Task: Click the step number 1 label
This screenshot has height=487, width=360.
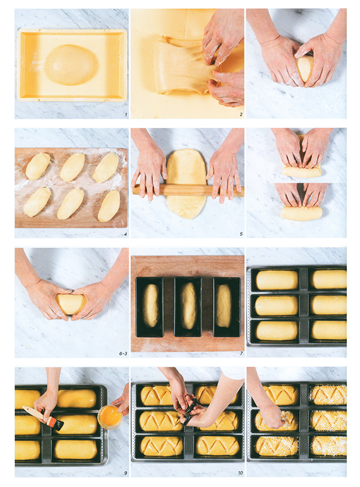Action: tap(125, 115)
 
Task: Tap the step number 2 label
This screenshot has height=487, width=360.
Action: tap(241, 115)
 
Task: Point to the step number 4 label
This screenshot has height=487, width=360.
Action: tap(125, 234)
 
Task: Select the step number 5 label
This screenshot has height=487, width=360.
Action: tap(241, 234)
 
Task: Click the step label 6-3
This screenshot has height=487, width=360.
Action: tap(123, 354)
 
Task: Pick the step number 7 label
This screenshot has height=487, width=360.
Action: tap(241, 354)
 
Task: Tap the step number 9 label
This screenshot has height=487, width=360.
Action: tap(125, 473)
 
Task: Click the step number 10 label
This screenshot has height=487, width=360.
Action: tap(241, 473)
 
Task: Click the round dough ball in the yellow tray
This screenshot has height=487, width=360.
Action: tap(71, 65)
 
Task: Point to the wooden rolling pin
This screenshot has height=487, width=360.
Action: tap(187, 190)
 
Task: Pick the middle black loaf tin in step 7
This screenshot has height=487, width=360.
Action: tap(188, 307)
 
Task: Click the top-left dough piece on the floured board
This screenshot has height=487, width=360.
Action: tap(38, 166)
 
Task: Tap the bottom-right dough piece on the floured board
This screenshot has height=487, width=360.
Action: tap(109, 206)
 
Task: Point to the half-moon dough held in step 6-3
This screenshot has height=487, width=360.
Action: tap(71, 304)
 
